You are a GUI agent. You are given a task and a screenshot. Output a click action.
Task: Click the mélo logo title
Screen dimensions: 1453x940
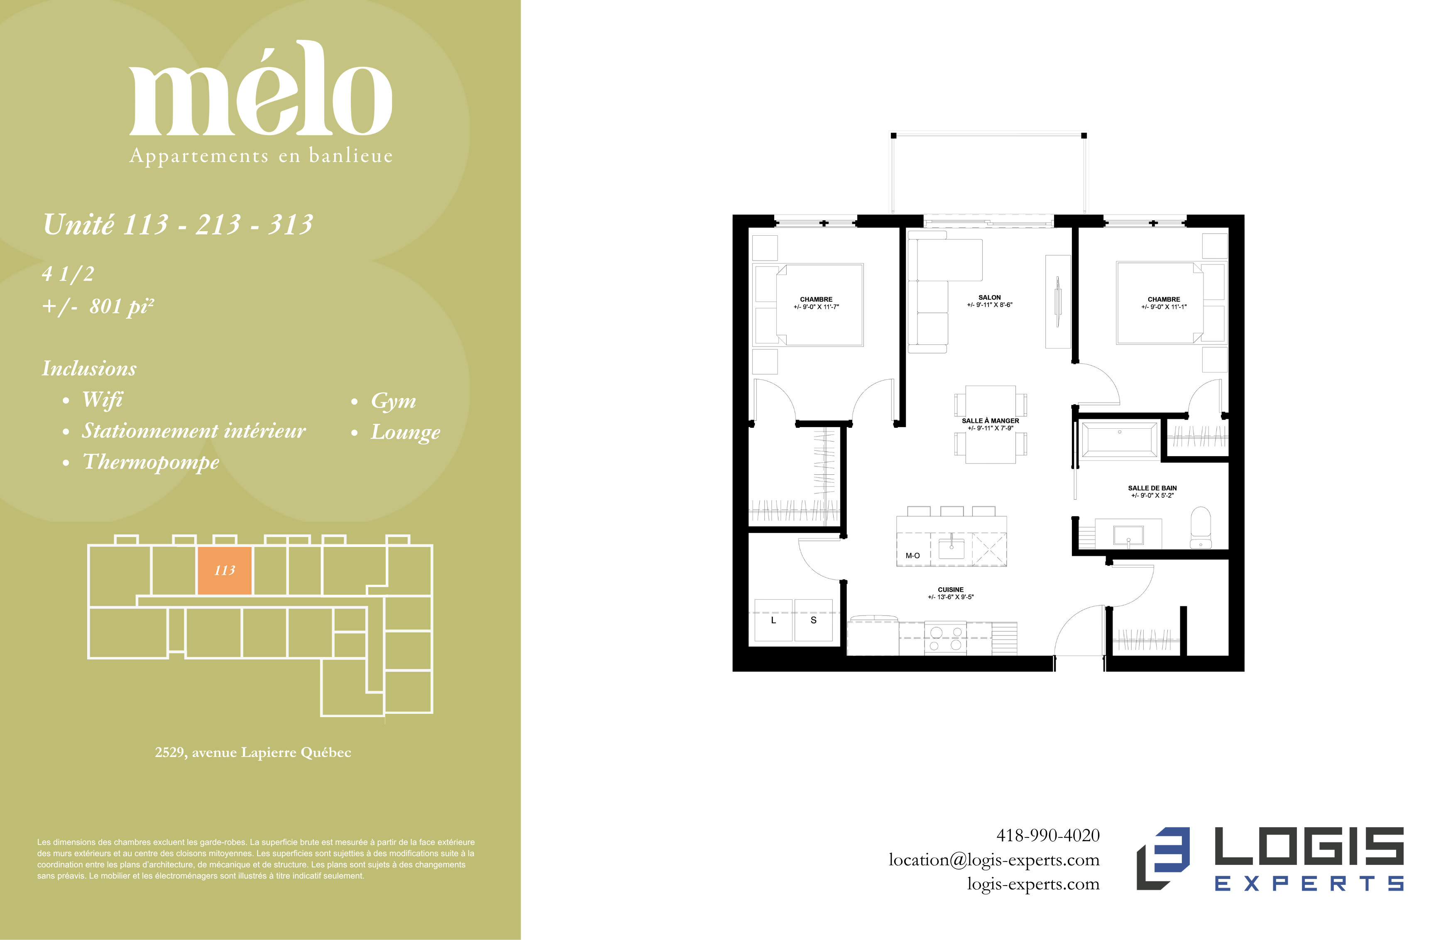point(261,88)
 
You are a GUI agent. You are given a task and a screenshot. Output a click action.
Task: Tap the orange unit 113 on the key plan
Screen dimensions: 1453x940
point(224,570)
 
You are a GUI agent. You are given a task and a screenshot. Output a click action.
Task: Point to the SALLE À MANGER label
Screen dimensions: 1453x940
point(990,420)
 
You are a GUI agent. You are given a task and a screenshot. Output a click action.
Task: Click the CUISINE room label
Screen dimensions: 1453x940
point(951,590)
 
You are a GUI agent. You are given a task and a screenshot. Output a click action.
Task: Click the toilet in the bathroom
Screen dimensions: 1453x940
point(1201,527)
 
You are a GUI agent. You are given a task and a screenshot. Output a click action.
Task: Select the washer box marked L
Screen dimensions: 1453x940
point(773,620)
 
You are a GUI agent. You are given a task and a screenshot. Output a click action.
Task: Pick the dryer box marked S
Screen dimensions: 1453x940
point(813,620)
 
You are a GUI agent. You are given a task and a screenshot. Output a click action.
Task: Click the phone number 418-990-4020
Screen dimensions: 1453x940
point(1048,835)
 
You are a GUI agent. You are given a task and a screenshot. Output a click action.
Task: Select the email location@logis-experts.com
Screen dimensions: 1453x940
point(994,860)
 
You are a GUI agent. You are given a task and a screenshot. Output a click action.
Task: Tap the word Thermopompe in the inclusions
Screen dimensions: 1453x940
point(151,462)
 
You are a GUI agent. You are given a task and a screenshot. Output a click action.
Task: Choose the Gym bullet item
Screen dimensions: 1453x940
point(384,401)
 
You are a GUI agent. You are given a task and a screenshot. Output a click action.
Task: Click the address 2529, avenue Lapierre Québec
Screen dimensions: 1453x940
point(253,752)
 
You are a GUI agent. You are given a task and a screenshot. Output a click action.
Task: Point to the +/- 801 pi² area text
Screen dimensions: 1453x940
point(98,306)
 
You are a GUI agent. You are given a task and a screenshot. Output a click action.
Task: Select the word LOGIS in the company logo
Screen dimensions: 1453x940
point(1309,845)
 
